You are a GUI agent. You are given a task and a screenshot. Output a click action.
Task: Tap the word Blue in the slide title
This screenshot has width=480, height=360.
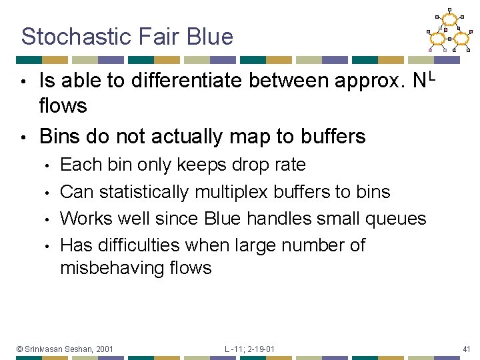click(210, 36)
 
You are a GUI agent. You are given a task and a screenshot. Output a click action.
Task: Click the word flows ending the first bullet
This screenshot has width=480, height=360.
click(63, 105)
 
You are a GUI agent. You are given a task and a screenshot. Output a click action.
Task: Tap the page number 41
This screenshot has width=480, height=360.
click(466, 349)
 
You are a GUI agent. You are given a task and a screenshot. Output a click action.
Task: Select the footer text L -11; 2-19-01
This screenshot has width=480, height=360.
click(249, 349)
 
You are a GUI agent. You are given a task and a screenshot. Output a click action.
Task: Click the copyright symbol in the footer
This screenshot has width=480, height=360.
click(20, 349)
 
